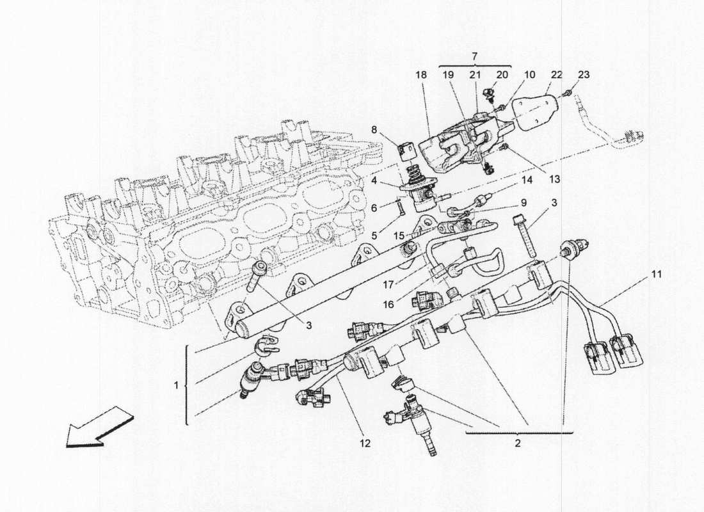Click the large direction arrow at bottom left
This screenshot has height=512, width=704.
point(100,426)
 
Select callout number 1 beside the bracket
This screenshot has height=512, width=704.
point(177,387)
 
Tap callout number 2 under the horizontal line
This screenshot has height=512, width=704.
point(518,443)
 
